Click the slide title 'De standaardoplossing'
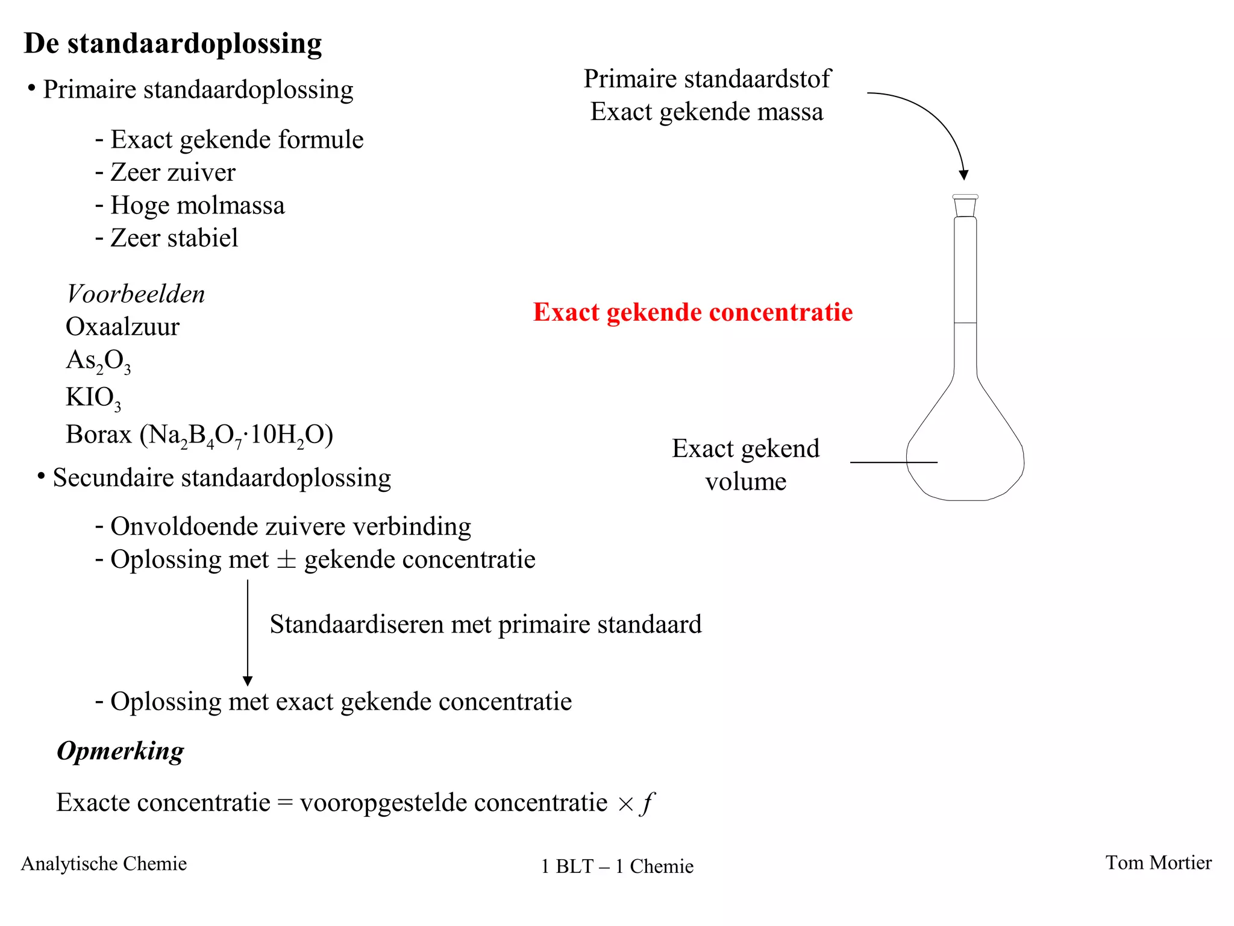tap(173, 44)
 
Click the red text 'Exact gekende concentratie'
tap(693, 312)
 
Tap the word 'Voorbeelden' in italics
tap(136, 294)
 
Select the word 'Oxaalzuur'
tap(122, 327)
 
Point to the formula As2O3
tap(98, 361)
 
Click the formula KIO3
tap(93, 398)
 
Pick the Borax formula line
tap(199, 435)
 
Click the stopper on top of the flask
tap(965, 205)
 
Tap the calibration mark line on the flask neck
tap(965, 323)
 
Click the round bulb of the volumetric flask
tap(965, 458)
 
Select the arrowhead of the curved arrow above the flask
tap(963, 175)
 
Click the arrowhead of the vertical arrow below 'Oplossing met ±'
tap(248, 681)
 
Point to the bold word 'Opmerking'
tap(121, 751)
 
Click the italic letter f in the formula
tap(648, 802)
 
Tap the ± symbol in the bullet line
tap(286, 560)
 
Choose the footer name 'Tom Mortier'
tap(1158, 863)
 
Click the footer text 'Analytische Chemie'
tap(104, 863)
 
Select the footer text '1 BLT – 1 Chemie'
tap(617, 866)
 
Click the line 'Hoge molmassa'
tap(197, 206)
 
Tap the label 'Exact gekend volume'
tap(745, 465)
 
